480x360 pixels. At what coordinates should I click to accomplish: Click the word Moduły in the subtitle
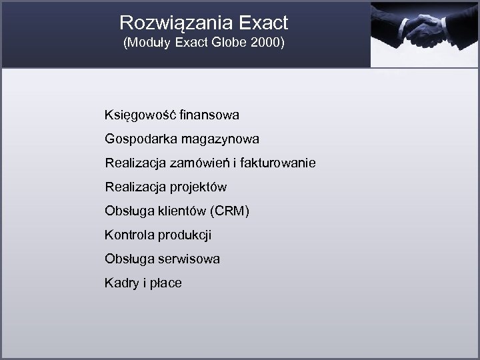click(150, 45)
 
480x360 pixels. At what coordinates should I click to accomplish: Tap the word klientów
click(181, 211)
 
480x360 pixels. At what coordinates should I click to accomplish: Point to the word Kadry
click(121, 283)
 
